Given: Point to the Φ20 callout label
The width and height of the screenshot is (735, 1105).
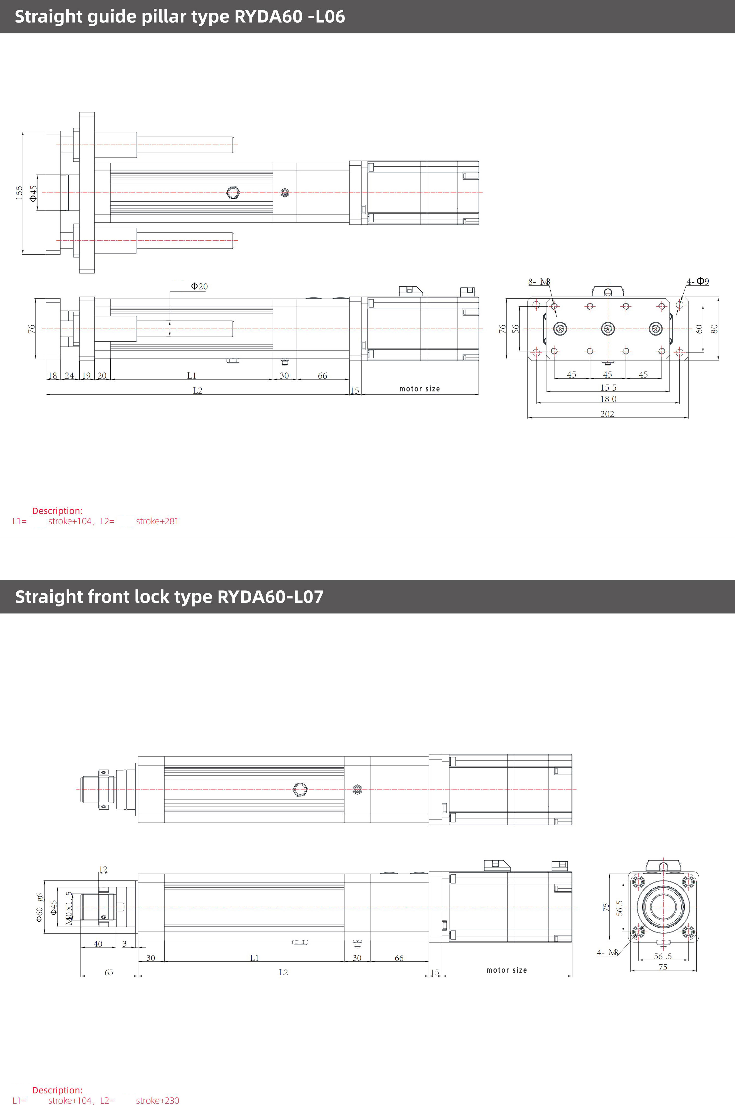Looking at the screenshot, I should pos(199,286).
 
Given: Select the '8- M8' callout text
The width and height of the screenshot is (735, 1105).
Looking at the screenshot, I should pos(539,282).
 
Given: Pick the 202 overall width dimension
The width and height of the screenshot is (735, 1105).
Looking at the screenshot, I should pos(607,414).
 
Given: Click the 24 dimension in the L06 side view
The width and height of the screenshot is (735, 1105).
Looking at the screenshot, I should pos(69,376).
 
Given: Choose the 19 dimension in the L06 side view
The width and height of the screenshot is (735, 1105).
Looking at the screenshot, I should pos(86,376).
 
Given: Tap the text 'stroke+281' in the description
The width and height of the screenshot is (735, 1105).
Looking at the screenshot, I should pos(157,521).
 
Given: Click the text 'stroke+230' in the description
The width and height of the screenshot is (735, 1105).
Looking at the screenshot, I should pos(157,1100).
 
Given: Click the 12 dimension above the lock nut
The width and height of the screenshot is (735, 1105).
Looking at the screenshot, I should pos(103,869).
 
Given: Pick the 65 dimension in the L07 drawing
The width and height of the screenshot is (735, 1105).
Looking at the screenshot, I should pos(109,972).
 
